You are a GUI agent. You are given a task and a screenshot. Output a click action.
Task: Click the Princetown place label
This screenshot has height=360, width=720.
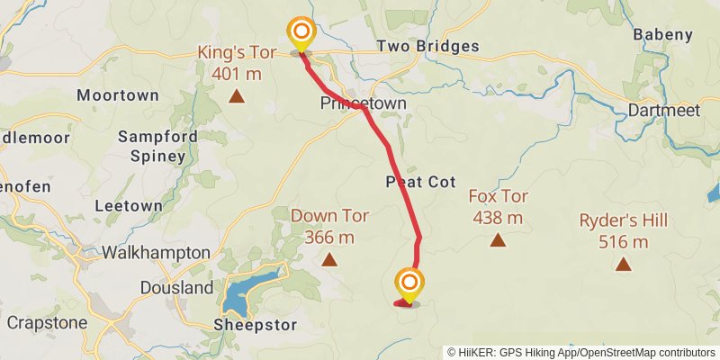coord(364,103)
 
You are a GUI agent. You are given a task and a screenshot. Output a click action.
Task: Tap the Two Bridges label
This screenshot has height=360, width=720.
coord(418,46)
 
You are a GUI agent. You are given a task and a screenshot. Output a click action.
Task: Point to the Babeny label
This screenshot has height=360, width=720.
coord(663,35)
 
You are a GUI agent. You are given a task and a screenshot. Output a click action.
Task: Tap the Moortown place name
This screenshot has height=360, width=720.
coord(118,94)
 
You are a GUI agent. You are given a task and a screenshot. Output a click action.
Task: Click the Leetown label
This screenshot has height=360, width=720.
coord(128,205)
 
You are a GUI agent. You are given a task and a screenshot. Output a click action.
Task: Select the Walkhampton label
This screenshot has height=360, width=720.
coord(157,252)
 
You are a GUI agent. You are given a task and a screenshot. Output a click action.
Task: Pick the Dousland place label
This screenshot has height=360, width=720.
coord(177,288)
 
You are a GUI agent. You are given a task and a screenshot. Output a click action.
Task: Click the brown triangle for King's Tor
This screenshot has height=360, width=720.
coord(236,95)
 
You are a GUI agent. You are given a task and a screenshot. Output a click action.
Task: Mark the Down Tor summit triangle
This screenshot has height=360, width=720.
coord(329,261)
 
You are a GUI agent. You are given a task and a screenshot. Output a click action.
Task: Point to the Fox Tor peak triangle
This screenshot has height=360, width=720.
coord(497,240)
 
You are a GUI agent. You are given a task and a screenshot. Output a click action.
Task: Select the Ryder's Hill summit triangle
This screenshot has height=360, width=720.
coord(623,264)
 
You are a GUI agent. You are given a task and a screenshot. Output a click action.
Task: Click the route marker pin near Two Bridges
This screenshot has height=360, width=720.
coord(301,36)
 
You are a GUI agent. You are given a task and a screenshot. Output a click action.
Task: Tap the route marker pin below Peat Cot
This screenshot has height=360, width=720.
coord(409,286)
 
